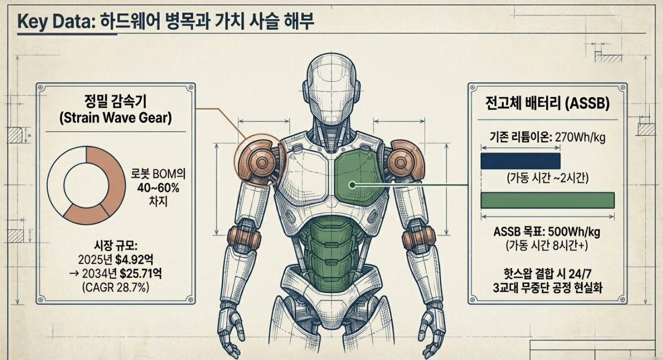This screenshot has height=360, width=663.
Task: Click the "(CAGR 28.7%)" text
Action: click(115, 287)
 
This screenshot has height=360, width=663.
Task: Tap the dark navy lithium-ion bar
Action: click(520, 161)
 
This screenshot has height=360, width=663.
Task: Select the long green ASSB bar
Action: click(547, 200)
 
